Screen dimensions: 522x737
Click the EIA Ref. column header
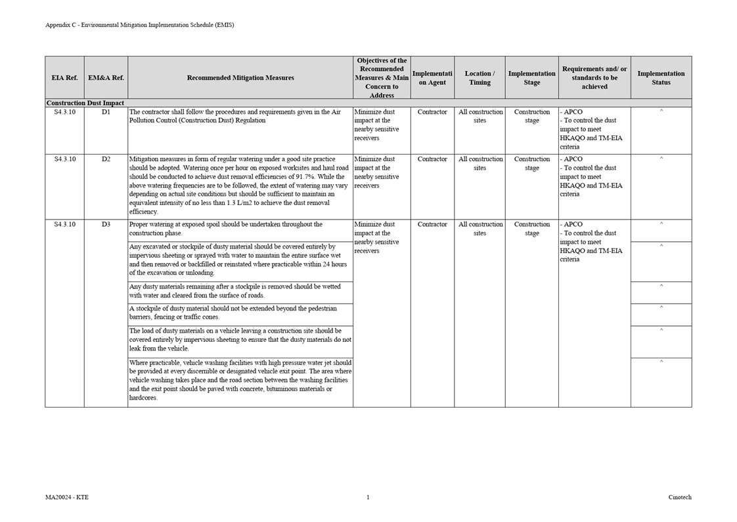[x=64, y=78]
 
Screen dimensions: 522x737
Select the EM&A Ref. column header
[x=106, y=78]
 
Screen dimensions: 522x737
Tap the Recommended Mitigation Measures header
[x=240, y=78]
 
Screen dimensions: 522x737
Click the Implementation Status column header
[x=661, y=78]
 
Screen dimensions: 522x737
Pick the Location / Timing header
[x=480, y=78]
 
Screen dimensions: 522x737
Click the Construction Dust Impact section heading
[x=85, y=103]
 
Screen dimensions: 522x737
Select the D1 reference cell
[x=106, y=112]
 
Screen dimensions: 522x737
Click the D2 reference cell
[x=106, y=159]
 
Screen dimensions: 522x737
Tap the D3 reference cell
[x=106, y=225]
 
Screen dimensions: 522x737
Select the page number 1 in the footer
[x=368, y=498]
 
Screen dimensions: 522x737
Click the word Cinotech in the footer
[x=680, y=498]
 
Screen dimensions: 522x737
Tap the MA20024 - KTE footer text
[x=67, y=498]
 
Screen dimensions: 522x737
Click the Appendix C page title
[x=139, y=25]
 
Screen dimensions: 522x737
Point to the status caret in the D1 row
[x=661, y=112]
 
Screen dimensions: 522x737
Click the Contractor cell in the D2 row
[x=432, y=159]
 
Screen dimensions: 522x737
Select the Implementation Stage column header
[x=531, y=78]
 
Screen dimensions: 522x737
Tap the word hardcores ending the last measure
[x=143, y=398]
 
